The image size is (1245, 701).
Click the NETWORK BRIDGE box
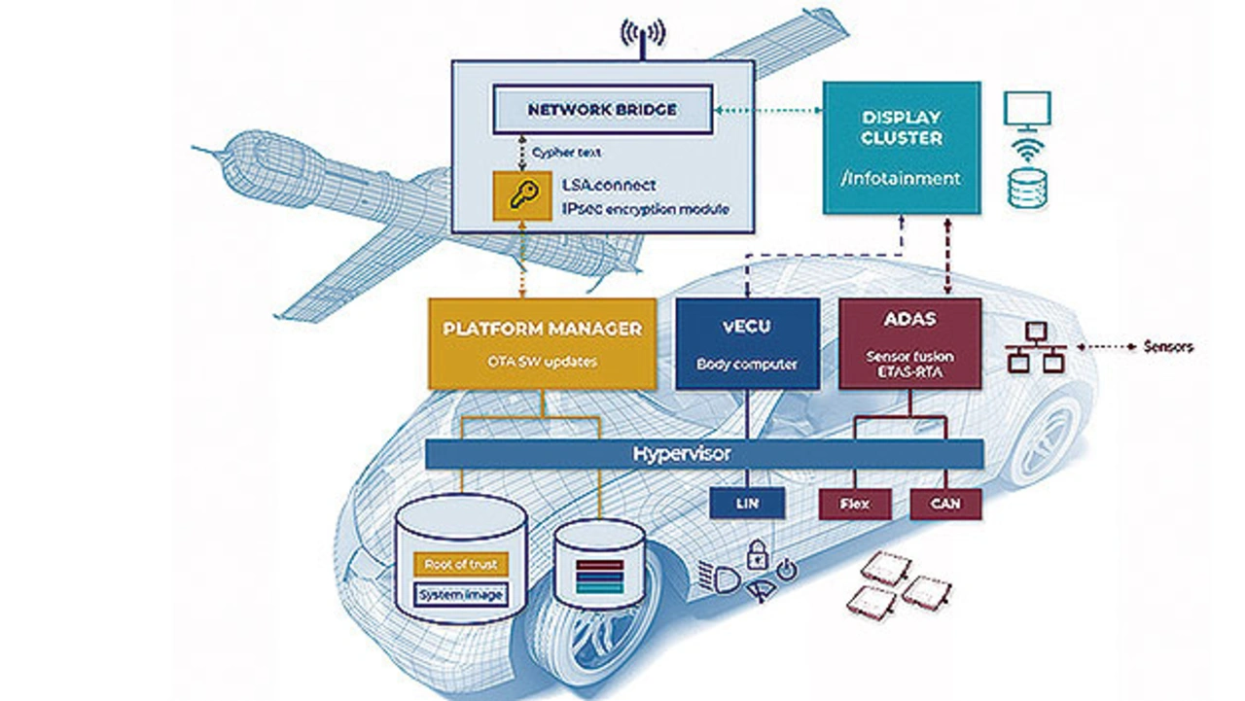[602, 110]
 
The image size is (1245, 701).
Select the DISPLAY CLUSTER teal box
[902, 147]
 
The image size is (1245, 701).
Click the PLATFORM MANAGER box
[542, 343]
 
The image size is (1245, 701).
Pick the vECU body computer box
[747, 343]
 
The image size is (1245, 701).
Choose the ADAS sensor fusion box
[909, 343]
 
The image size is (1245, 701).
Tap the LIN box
[747, 504]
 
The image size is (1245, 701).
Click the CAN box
[945, 504]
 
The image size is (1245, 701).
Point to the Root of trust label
[462, 563]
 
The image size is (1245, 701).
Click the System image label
[462, 594]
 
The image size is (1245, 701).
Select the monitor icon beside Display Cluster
[1027, 109]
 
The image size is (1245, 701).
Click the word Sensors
[1168, 346]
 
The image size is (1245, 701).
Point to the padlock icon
[758, 555]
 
